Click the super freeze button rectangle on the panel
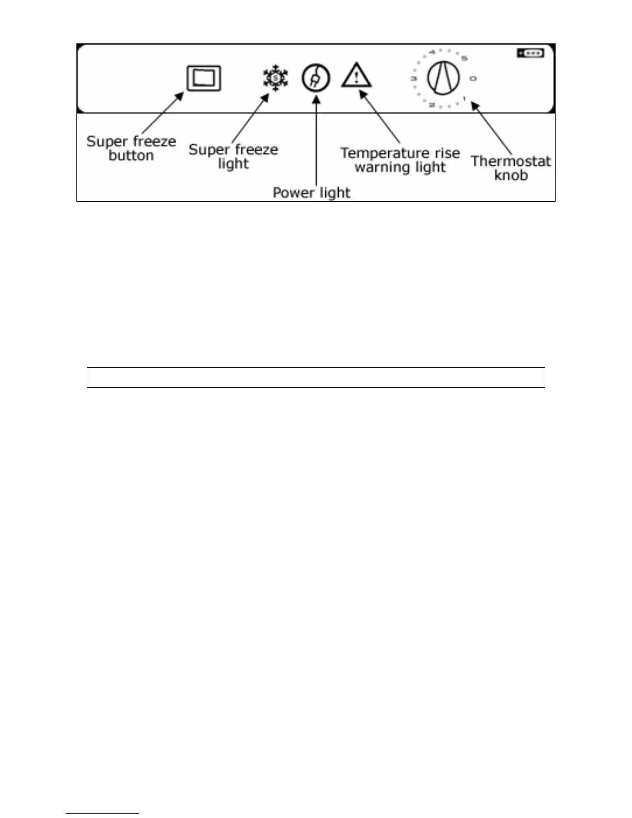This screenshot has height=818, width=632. tap(204, 78)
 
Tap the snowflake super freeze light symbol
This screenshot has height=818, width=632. tap(275, 78)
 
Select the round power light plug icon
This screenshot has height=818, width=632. tap(315, 78)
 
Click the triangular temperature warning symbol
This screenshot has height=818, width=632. tap(356, 75)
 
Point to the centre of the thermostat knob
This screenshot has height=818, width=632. tap(443, 78)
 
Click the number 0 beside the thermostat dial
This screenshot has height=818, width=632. tap(473, 78)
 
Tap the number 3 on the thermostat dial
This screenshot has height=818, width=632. tap(413, 78)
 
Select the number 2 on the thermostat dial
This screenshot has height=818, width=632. tap(431, 105)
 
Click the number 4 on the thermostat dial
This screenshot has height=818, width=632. tap(432, 52)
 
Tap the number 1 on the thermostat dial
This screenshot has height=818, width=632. tap(464, 98)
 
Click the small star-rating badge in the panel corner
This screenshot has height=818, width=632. tap(530, 53)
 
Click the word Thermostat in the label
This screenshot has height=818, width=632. tap(511, 161)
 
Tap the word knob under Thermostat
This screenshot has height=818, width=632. tap(511, 175)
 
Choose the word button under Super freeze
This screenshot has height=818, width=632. tap(131, 155)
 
